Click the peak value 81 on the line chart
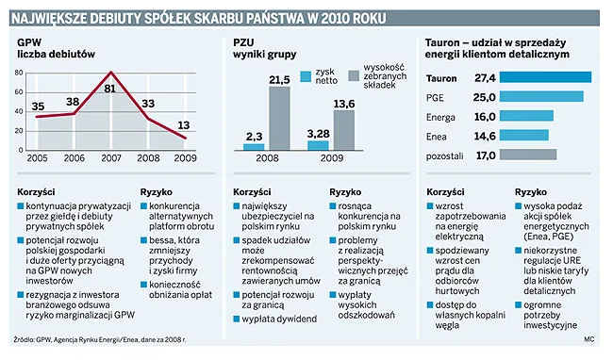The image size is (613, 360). (x=109, y=89)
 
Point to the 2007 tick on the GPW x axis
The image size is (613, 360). (x=111, y=158)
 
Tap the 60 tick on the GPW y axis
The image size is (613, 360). (x=19, y=92)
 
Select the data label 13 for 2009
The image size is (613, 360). (x=184, y=125)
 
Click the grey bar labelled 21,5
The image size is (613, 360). (x=279, y=119)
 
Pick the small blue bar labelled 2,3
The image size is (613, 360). (x=254, y=147)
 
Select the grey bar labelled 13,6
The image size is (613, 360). (x=344, y=130)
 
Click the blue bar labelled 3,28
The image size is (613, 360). (x=318, y=146)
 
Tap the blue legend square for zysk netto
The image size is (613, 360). (x=306, y=76)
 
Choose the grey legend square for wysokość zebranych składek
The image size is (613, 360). (x=354, y=76)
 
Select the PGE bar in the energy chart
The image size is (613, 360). (x=541, y=96)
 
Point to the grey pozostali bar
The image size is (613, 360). (x=528, y=155)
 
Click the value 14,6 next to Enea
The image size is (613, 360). (x=485, y=136)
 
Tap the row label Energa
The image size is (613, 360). (x=440, y=118)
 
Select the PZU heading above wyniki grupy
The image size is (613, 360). (x=243, y=42)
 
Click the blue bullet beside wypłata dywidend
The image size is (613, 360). (x=236, y=319)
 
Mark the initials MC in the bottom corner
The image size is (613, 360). (x=589, y=339)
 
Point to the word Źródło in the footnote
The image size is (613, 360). (x=24, y=340)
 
